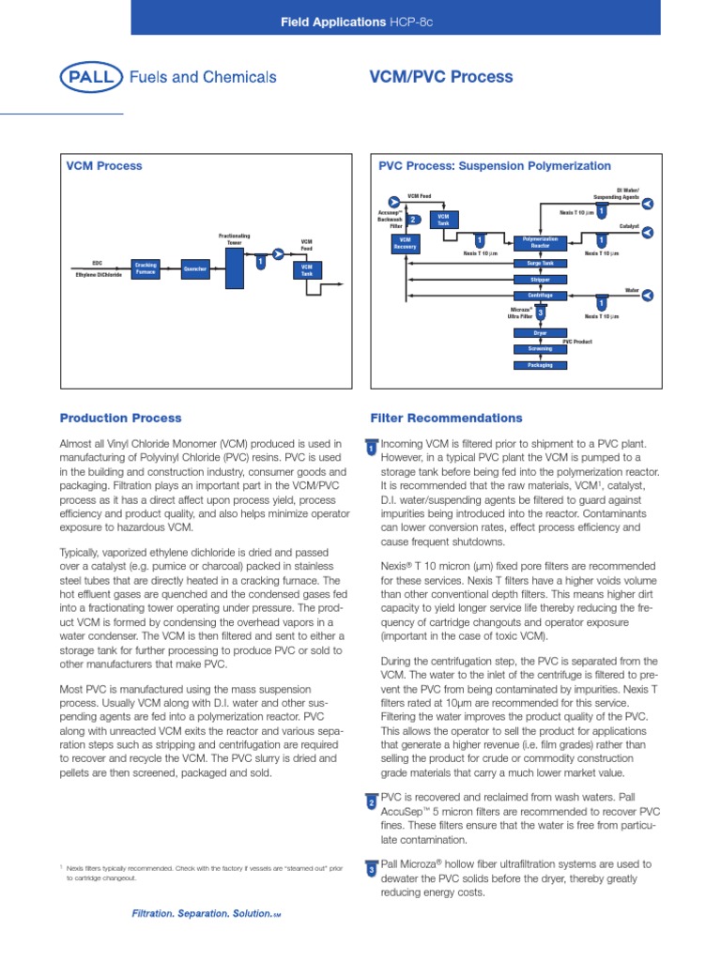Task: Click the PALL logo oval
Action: [x=90, y=78]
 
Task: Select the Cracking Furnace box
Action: [x=146, y=269]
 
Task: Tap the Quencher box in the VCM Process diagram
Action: [x=194, y=269]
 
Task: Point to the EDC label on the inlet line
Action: [x=97, y=264]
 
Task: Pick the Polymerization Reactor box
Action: [x=540, y=242]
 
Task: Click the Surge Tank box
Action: [x=540, y=264]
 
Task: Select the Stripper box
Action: [x=540, y=280]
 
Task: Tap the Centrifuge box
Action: [x=540, y=296]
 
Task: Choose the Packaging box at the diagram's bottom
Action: [x=540, y=364]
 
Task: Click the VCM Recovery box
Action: [x=406, y=243]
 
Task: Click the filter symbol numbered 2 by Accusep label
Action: [x=414, y=220]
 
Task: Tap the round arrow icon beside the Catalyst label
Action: [x=647, y=234]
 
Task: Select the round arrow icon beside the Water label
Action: [x=647, y=296]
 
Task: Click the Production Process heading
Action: [x=121, y=418]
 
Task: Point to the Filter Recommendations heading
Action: [x=447, y=418]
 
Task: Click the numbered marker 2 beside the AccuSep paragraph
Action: [x=371, y=802]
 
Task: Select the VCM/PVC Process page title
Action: [x=443, y=77]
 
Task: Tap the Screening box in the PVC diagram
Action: [x=540, y=348]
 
